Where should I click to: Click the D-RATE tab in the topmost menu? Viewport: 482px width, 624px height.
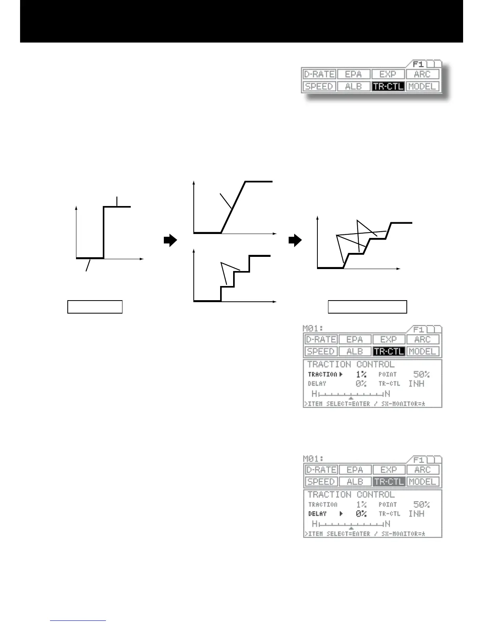pos(319,74)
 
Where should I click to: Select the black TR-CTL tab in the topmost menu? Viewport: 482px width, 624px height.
pos(388,86)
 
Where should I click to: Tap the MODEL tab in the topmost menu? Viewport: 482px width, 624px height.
pos(422,86)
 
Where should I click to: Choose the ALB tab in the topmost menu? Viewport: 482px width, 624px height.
pos(353,86)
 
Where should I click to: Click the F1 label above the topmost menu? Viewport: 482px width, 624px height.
pos(418,64)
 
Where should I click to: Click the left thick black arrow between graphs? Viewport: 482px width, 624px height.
pos(170,240)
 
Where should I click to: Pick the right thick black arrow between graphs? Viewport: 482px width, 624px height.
pos(295,240)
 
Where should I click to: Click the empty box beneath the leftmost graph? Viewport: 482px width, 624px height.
pos(95,306)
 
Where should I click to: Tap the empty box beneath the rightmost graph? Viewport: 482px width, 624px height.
pos(367,306)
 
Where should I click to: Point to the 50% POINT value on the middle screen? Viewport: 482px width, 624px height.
pos(421,374)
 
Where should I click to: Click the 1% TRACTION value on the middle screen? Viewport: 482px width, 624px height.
pos(361,374)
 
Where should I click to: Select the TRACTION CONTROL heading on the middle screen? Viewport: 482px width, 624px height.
pos(350,364)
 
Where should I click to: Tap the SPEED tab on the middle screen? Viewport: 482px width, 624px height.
pos(321,351)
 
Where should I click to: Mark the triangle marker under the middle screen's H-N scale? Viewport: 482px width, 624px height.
pos(351,398)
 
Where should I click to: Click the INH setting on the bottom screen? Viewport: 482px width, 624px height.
pos(416,514)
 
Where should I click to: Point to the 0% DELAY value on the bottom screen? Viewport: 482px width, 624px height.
pos(361,514)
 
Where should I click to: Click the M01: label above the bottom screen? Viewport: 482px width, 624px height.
pos(313,459)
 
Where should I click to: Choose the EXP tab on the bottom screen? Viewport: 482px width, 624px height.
pos(388,470)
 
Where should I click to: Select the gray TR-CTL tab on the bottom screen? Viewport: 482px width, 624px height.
pos(389,481)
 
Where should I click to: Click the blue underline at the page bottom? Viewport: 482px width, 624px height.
pos(78,620)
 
